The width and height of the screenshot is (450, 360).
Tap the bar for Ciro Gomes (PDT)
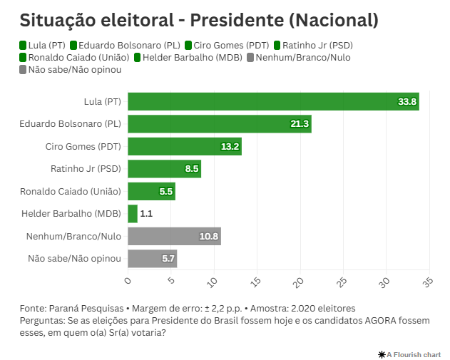click(x=185, y=147)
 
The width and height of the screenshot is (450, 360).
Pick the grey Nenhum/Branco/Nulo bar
click(x=174, y=236)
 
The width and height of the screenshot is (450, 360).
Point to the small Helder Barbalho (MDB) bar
click(x=133, y=213)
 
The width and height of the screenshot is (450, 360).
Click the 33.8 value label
click(x=407, y=102)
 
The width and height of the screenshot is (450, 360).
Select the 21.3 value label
click(x=300, y=124)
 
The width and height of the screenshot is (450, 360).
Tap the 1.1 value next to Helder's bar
click(x=146, y=213)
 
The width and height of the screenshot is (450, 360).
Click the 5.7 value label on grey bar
click(x=168, y=259)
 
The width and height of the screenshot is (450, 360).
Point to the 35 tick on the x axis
click(x=428, y=282)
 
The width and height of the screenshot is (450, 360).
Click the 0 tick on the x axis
click(x=128, y=280)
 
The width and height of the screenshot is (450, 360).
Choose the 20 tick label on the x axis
click(x=300, y=282)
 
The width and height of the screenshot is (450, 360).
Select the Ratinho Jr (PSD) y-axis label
click(x=86, y=169)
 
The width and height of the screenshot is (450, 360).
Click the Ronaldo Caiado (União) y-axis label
click(x=71, y=191)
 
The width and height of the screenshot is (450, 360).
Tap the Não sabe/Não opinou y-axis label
click(x=74, y=258)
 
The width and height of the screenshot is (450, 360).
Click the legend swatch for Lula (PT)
click(x=24, y=46)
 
